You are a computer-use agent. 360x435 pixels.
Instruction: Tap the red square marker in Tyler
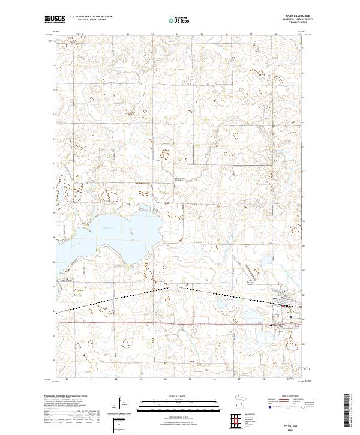tap(283, 306)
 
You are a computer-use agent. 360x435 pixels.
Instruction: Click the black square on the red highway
tap(271, 325)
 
